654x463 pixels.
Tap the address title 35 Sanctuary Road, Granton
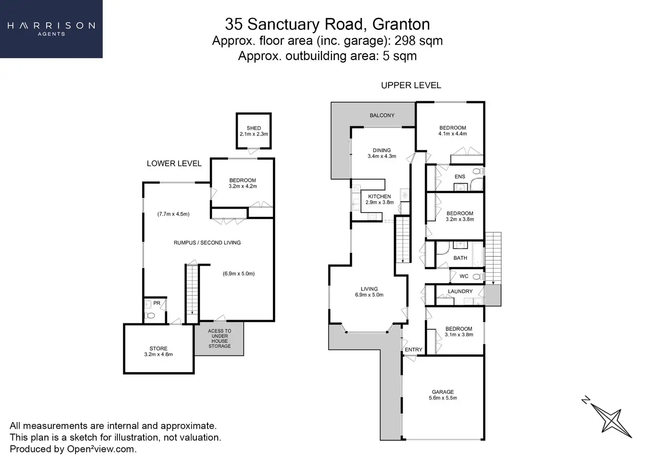point(327,24)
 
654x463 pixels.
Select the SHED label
point(254,128)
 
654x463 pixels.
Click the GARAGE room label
point(443,392)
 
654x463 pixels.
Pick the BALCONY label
point(382,115)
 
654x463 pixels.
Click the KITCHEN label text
point(379,196)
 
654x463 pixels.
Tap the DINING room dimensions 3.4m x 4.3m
point(382,156)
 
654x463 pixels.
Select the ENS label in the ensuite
point(460,177)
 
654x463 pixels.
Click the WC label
point(464,276)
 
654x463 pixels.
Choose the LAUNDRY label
point(460,291)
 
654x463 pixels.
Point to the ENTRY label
point(414,350)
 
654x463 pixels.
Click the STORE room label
point(159,349)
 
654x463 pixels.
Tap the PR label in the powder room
point(156,303)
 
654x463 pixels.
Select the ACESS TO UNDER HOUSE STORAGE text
point(219,338)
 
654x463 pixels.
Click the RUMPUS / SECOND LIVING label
point(207,242)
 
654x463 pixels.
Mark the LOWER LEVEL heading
point(174,163)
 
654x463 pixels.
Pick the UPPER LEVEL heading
point(411,85)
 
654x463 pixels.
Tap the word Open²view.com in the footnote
point(101,449)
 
